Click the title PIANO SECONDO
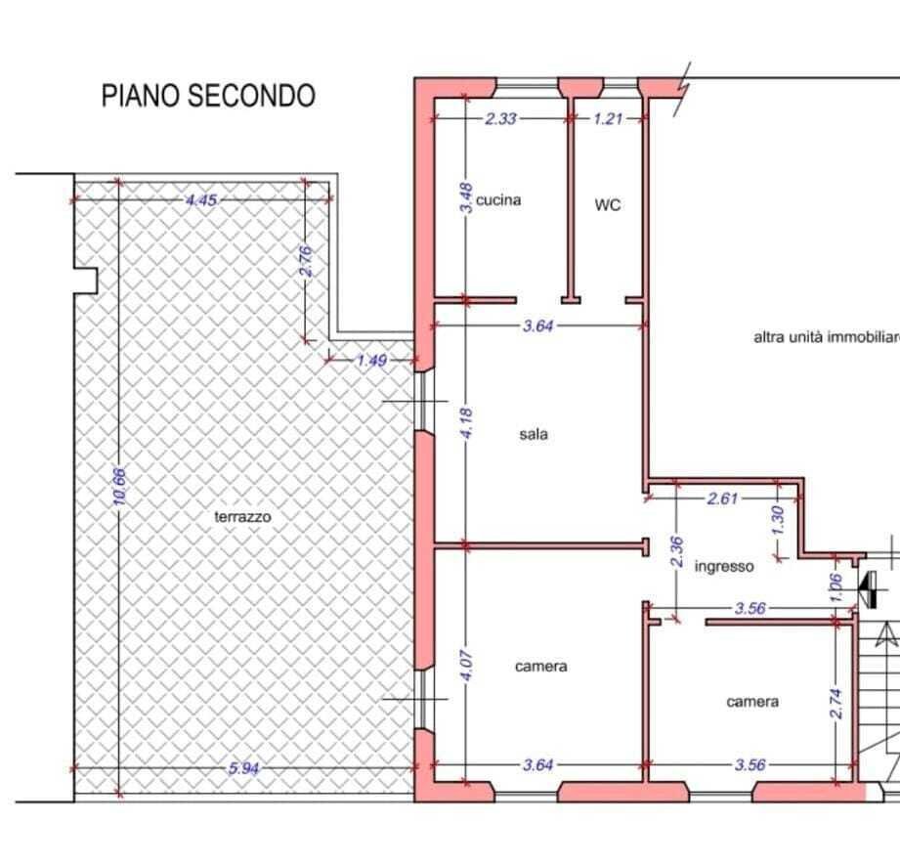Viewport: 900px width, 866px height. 208,96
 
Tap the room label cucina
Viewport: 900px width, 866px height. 498,199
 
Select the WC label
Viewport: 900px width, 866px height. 608,205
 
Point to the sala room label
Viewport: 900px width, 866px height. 534,434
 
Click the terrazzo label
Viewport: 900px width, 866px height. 242,516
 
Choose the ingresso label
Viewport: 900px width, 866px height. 724,566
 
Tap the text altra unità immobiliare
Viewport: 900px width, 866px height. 826,337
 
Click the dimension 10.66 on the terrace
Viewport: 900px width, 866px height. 119,486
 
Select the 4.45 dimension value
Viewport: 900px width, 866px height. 201,199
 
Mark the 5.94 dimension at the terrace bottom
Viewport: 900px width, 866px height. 244,768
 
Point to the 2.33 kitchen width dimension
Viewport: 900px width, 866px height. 501,118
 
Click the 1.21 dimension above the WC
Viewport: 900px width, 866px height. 607,118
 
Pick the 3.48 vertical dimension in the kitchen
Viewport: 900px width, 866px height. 467,198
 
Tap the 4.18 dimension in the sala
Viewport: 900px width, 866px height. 467,422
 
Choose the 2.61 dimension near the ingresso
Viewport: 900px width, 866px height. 723,498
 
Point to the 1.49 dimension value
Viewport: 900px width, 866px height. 372,360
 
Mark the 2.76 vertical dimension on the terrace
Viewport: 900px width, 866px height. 305,260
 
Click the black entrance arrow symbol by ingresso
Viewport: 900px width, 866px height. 866,585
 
